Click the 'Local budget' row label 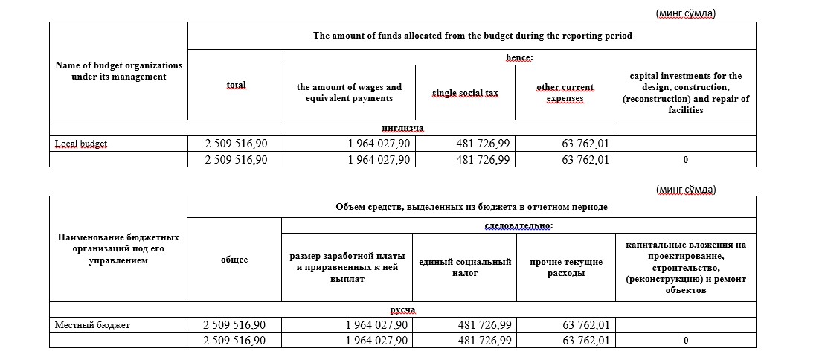(81, 144)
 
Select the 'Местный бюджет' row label (92, 325)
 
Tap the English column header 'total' (236, 86)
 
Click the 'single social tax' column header (465, 93)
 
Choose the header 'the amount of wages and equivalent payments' (349, 93)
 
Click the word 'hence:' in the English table (519, 57)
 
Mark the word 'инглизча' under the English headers (402, 128)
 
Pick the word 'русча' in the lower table (402, 309)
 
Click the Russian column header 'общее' (234, 260)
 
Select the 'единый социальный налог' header (465, 267)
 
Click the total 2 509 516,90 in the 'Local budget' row (236, 144)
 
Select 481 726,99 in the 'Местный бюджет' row (484, 325)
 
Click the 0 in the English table (684, 159)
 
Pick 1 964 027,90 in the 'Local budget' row (378, 144)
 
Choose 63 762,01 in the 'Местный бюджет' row (586, 325)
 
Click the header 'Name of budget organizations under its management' (119, 71)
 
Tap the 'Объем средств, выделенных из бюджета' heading (472, 206)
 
